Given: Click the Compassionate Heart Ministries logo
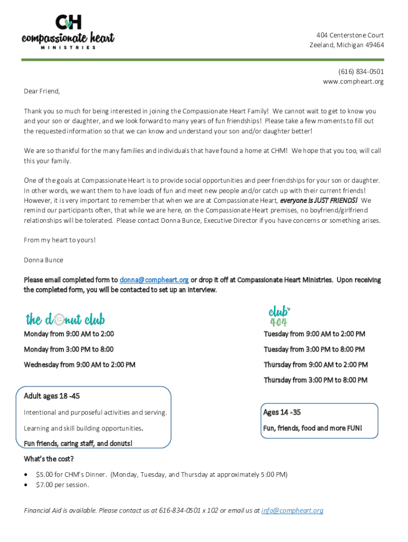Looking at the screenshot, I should point(68,32).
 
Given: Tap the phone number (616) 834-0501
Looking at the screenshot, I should point(361,71).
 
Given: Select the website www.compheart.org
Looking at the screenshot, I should point(353,82).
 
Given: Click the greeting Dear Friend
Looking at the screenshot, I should point(42,91).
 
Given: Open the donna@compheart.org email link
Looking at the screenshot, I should point(154,279).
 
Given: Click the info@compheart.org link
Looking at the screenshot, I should point(292,511).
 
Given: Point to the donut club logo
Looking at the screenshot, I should point(65,319).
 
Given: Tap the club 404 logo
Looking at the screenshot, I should point(279,316).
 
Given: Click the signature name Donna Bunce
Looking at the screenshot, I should point(43,260).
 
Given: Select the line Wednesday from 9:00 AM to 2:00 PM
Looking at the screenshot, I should point(79,365).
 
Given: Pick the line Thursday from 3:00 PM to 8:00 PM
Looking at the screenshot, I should point(315,380).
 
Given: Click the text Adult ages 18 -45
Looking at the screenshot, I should point(52,396).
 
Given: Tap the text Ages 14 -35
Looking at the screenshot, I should point(282,412).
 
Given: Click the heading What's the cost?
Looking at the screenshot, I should point(49,459).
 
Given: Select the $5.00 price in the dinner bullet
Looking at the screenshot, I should point(45,474).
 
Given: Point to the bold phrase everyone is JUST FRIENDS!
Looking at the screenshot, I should point(318,201).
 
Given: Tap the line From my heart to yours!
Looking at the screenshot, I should point(60,240).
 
